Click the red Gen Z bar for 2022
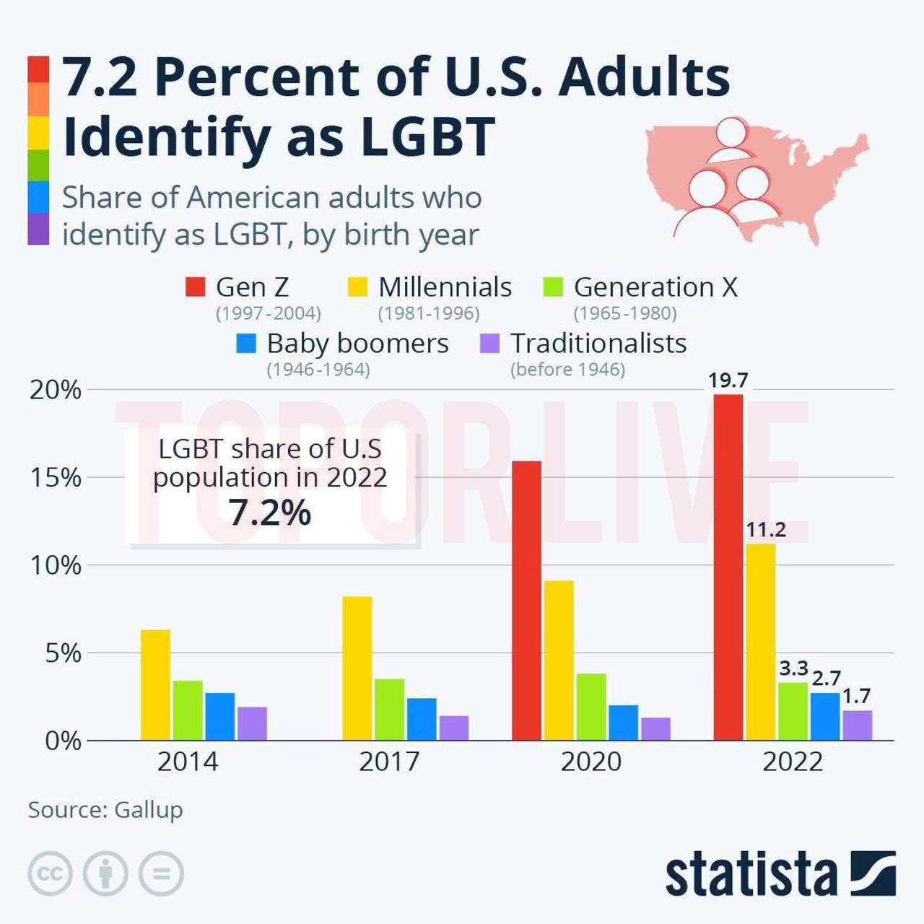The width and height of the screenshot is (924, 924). tap(728, 567)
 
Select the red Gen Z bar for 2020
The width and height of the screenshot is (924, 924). tap(526, 601)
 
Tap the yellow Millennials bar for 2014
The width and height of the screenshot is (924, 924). tap(155, 685)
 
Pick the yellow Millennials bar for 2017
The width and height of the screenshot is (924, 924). tap(357, 668)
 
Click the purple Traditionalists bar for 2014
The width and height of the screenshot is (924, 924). tap(252, 723)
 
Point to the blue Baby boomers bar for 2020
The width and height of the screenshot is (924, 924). tap(624, 723)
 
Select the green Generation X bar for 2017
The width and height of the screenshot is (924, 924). tap(389, 710)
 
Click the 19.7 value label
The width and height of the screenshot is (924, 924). tap(728, 380)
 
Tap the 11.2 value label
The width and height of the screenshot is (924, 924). tap(766, 530)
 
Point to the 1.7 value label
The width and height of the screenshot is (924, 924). tap(856, 696)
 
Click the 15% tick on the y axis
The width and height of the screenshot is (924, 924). tap(56, 478)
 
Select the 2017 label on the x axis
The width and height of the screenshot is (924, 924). tap(389, 762)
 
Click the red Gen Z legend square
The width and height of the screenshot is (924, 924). tap(195, 287)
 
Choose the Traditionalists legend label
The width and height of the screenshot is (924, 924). tap(598, 344)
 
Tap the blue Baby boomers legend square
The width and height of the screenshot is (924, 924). tap(246, 344)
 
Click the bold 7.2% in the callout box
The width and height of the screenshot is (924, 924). tap(271, 513)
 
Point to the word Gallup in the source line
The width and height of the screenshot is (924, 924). tap(149, 810)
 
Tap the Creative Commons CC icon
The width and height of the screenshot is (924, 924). tap(51, 873)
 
